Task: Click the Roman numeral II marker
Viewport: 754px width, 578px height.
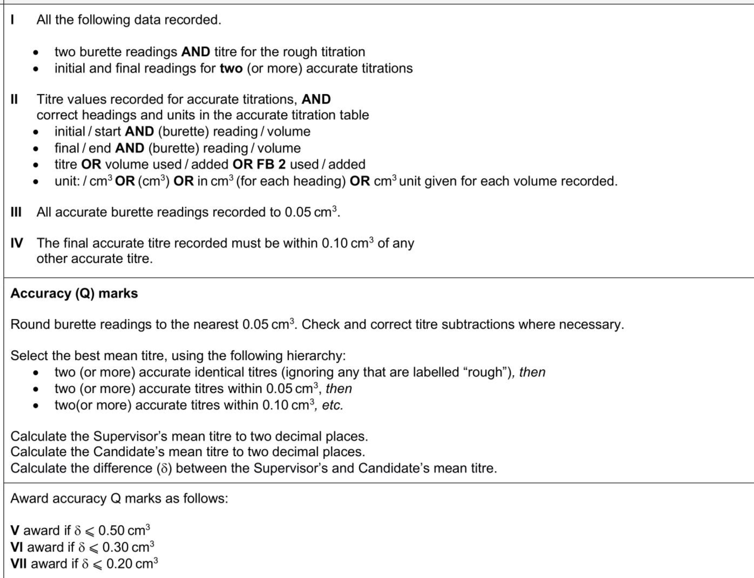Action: [x=15, y=99]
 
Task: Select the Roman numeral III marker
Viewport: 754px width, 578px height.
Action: [x=16, y=212]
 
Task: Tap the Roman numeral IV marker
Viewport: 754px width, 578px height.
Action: [x=17, y=243]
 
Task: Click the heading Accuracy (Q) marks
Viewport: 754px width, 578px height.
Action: [x=74, y=294]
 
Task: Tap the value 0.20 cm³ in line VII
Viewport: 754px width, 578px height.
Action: [x=132, y=564]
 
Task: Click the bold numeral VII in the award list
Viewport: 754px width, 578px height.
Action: [x=19, y=564]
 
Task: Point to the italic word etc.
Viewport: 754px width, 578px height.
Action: [x=332, y=405]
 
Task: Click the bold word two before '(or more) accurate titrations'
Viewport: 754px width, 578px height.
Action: [x=231, y=69]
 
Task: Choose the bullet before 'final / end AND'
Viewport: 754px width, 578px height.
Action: [x=36, y=148]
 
